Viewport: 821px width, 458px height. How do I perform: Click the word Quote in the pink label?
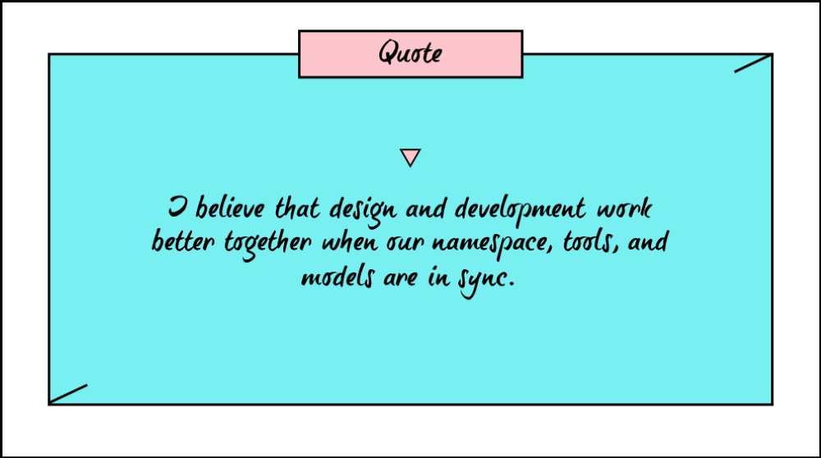(410, 53)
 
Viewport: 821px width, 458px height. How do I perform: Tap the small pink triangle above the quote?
(410, 157)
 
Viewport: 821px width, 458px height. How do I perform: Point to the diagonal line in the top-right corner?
(752, 63)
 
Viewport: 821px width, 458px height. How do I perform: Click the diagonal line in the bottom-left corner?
(68, 394)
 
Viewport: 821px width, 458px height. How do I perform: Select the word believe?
(230, 208)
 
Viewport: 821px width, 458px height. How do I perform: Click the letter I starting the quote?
(177, 208)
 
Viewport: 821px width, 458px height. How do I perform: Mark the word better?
(183, 242)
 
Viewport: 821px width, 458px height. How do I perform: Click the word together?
(268, 245)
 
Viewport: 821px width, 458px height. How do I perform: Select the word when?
(349, 242)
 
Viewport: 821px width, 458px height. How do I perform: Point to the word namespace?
(492, 245)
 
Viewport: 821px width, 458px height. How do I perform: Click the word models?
(337, 277)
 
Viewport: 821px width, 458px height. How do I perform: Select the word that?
(297, 208)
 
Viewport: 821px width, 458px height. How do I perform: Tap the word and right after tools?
(647, 242)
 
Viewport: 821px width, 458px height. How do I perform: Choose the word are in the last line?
(401, 278)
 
